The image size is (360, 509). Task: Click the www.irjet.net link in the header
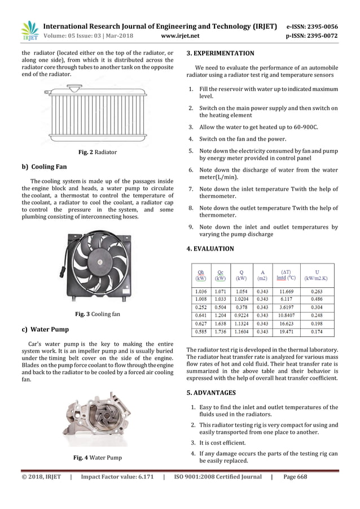180,36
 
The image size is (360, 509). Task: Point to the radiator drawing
97,111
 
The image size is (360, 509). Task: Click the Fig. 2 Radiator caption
97,152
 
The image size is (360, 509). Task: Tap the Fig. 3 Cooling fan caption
97,314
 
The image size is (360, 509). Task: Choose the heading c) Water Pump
45,329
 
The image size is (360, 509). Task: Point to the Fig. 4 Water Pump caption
97,457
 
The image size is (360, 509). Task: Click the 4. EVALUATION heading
210,248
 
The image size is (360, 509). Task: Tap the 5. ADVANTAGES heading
211,392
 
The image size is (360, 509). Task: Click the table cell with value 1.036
200,291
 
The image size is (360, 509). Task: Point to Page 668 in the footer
295,477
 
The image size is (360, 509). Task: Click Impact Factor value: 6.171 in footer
117,477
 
